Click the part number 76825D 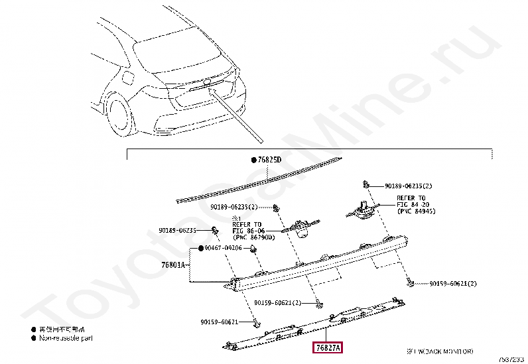[270, 160]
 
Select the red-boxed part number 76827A [327, 348]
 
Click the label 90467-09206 [223, 248]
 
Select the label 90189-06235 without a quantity [177, 231]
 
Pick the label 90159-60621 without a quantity [219, 322]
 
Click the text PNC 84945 [416, 211]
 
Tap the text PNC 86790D [253, 237]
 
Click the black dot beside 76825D [253, 160]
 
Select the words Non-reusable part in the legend [66, 338]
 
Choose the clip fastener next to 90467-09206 [254, 248]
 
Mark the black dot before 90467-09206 [198, 248]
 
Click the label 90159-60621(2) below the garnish [277, 303]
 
